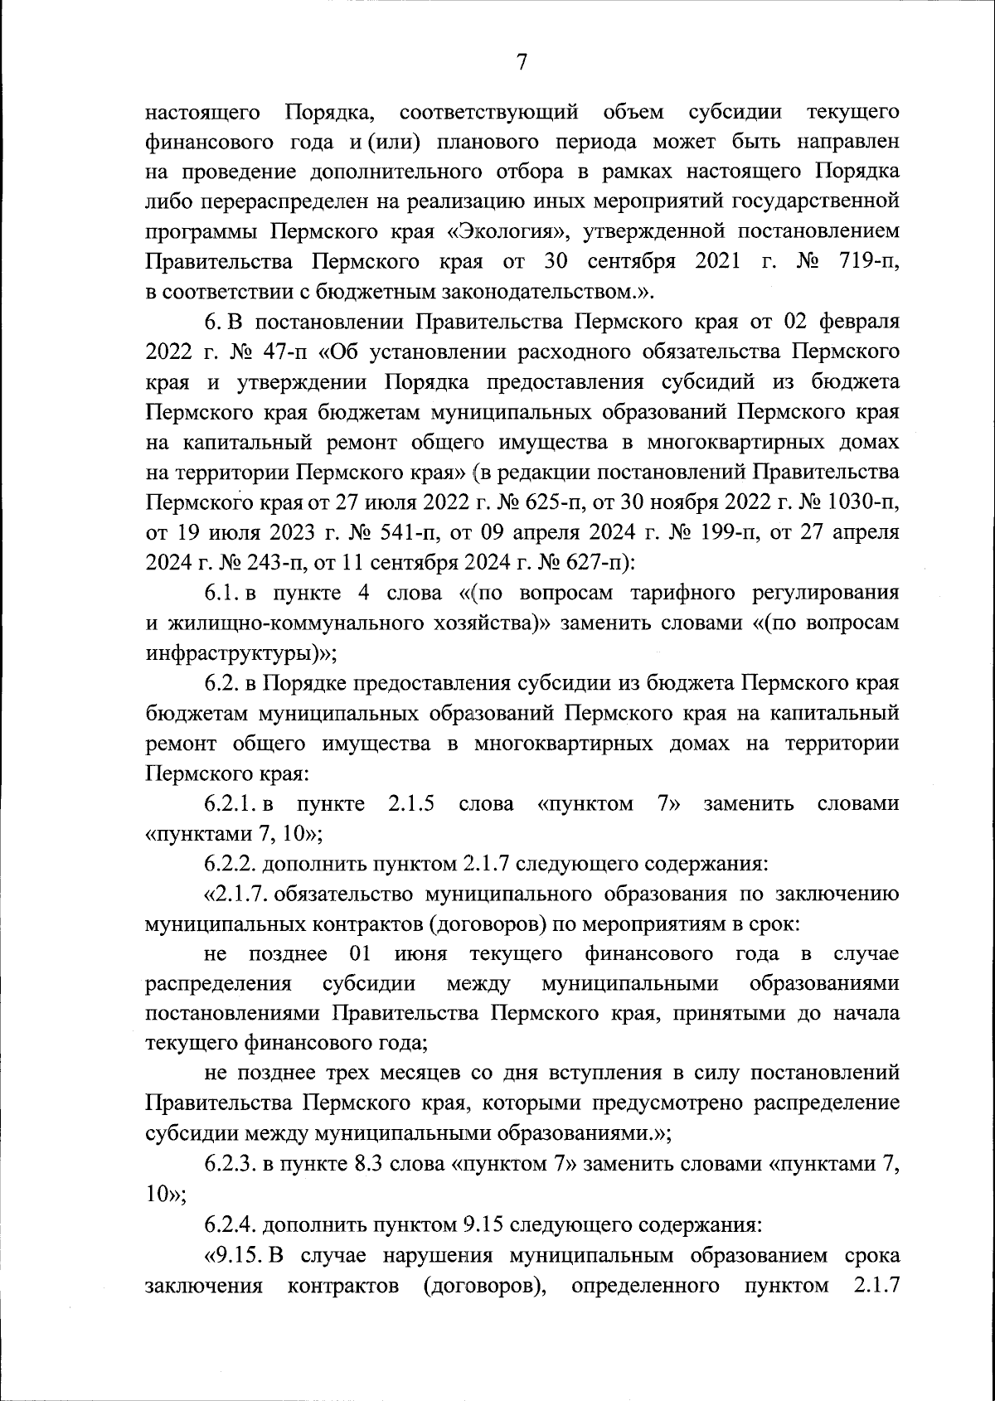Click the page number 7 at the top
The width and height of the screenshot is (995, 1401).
click(522, 63)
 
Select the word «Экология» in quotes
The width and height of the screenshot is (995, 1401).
click(519, 231)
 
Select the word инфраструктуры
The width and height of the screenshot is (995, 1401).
click(231, 652)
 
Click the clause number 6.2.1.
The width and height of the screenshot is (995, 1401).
click(232, 803)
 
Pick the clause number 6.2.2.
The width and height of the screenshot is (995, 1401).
click(231, 864)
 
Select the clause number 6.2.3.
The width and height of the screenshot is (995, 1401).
click(231, 1163)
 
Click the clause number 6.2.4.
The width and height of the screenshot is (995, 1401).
click(231, 1223)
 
